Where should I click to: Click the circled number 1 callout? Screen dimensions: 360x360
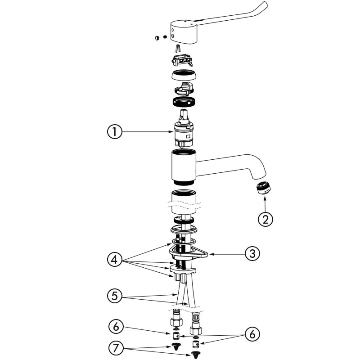115,131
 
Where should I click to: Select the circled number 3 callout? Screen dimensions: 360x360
252,254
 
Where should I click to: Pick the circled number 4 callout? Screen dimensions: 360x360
115,260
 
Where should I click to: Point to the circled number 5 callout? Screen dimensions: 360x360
115,296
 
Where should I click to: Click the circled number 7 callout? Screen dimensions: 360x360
116,348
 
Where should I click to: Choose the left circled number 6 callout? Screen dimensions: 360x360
116,327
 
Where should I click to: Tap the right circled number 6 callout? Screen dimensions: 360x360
252,334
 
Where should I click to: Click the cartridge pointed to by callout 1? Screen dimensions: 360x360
183,129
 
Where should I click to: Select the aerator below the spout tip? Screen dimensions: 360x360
263,188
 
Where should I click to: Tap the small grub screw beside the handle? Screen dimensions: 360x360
165,37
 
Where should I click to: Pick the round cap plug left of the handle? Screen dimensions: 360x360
157,38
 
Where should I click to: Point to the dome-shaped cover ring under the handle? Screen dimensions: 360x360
184,75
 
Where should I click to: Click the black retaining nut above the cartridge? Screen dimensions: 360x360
184,102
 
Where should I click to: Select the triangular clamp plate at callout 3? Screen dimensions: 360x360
188,253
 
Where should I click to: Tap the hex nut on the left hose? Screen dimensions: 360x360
176,321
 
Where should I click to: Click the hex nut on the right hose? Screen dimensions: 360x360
196,330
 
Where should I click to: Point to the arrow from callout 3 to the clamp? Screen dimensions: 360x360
227,254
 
